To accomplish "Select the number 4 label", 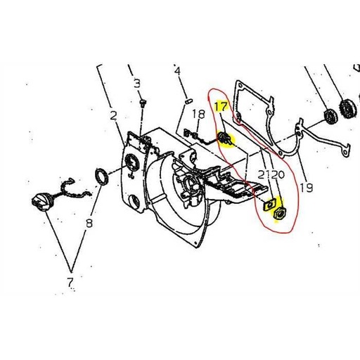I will (x=177, y=71).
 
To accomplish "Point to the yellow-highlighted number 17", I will (x=221, y=108).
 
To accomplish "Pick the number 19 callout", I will (x=305, y=187).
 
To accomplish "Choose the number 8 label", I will (x=89, y=225).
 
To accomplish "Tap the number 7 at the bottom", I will (x=70, y=283).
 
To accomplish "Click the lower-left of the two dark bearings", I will (x=328, y=117).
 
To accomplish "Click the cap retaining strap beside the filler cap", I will (x=68, y=190).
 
